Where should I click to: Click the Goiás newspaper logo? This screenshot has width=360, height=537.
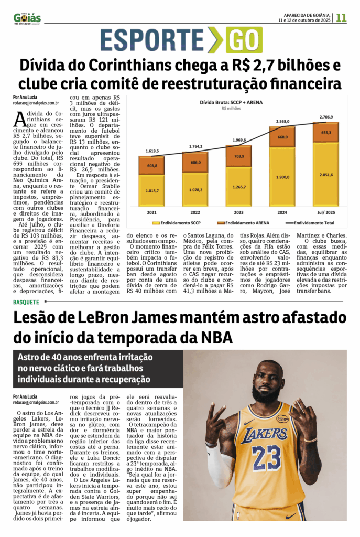27,18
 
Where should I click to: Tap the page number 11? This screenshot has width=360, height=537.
342,17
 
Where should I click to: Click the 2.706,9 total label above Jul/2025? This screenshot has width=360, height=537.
326,117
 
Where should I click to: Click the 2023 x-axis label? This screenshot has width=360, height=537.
239,212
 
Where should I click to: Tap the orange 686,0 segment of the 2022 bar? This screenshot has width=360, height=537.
195,163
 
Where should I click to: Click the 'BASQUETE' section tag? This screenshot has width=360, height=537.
26,302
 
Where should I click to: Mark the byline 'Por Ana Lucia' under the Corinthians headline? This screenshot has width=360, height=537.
27,98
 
